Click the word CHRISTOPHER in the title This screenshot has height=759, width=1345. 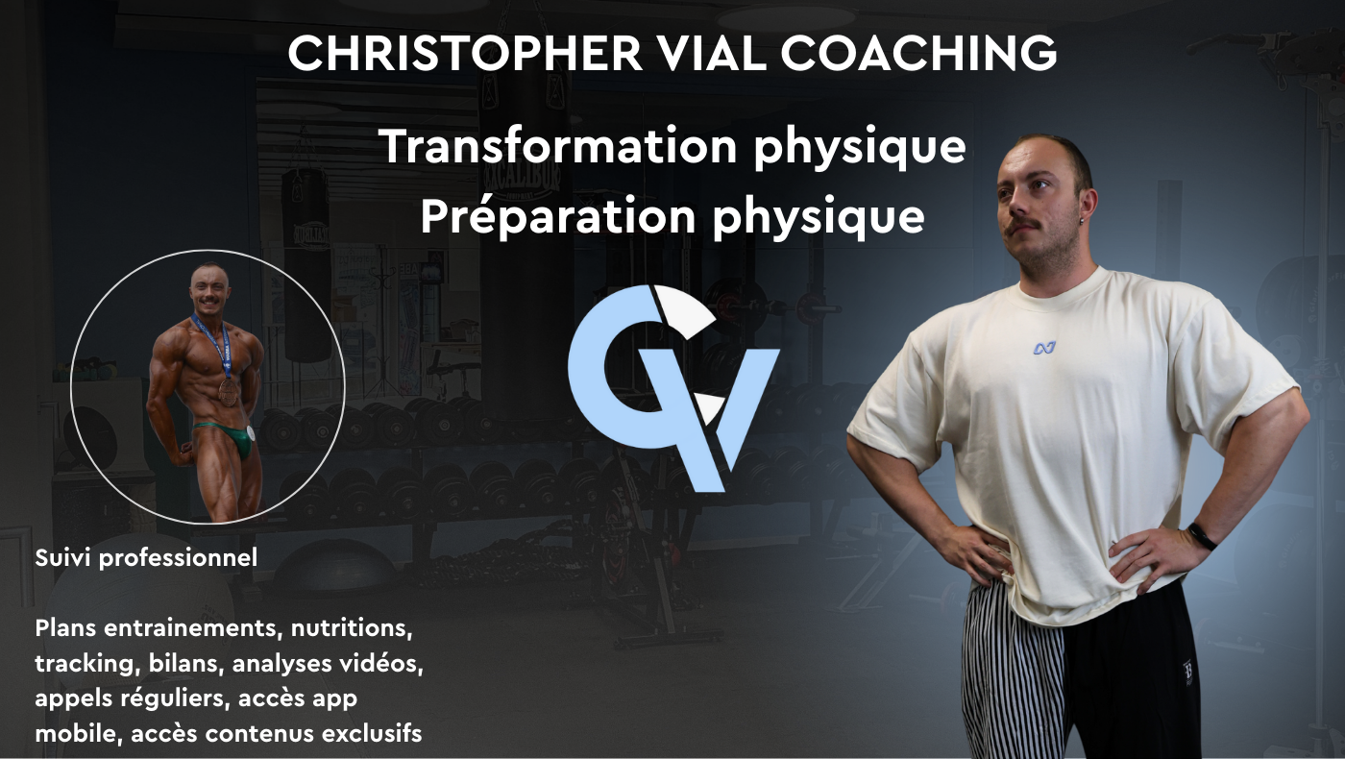pyautogui.click(x=465, y=53)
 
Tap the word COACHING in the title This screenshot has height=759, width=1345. pyautogui.click(x=918, y=53)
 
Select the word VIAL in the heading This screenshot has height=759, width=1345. pyautogui.click(x=712, y=53)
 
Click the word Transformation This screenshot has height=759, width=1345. pyautogui.click(x=558, y=146)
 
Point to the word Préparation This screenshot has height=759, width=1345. pyautogui.click(x=558, y=216)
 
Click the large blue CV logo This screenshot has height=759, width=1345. pyautogui.click(x=673, y=388)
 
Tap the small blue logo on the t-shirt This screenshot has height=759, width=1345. pyautogui.click(x=1044, y=348)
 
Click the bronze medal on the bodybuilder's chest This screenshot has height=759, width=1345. pyautogui.click(x=229, y=392)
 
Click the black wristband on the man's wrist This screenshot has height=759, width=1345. pyautogui.click(x=1202, y=536)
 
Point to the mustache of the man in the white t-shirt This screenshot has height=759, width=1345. pyautogui.click(x=1028, y=227)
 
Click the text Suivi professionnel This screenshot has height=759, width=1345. pyautogui.click(x=146, y=558)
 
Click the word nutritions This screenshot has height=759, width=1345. pyautogui.click(x=352, y=628)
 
